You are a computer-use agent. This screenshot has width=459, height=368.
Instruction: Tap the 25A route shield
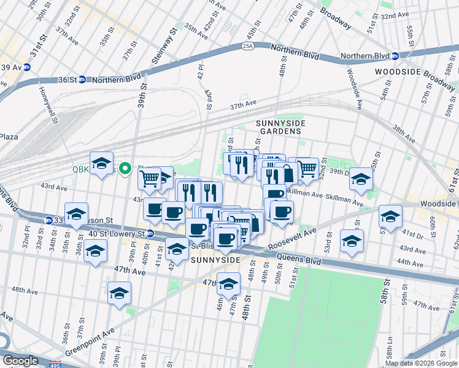point(247,45)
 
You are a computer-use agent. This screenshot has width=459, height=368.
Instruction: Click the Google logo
point(20,360)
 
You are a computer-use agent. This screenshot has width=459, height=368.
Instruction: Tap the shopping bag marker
point(287,174)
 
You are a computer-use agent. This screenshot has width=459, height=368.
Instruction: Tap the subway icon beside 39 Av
point(28,67)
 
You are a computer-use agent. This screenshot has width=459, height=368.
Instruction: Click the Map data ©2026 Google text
point(420,363)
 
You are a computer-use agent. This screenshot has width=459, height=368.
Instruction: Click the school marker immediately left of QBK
point(101,164)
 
